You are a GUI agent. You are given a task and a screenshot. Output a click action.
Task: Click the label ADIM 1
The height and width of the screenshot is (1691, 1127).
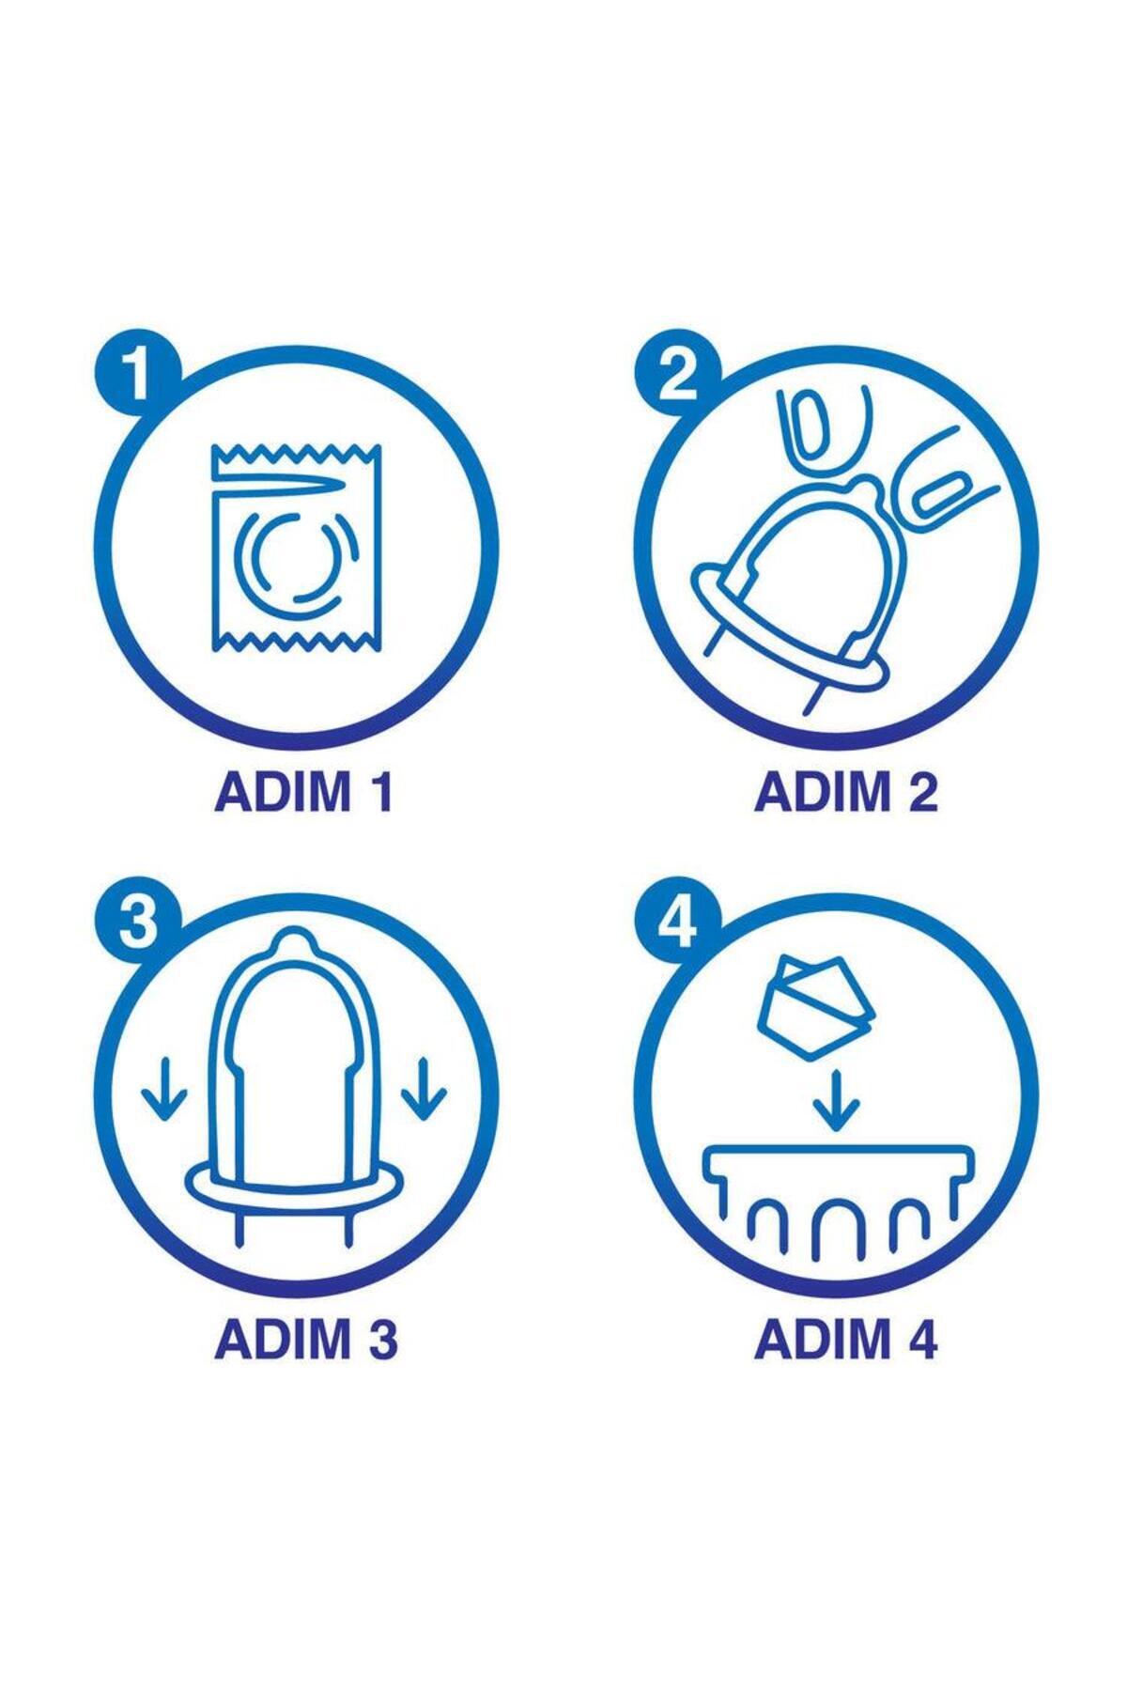[x=303, y=793]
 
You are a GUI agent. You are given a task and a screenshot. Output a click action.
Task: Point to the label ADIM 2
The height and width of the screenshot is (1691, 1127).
[x=846, y=793]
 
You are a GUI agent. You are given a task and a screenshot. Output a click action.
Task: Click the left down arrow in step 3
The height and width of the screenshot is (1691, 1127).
[x=165, y=1089]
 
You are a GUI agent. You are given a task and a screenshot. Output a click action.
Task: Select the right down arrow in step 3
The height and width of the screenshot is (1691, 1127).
[x=425, y=1089]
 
